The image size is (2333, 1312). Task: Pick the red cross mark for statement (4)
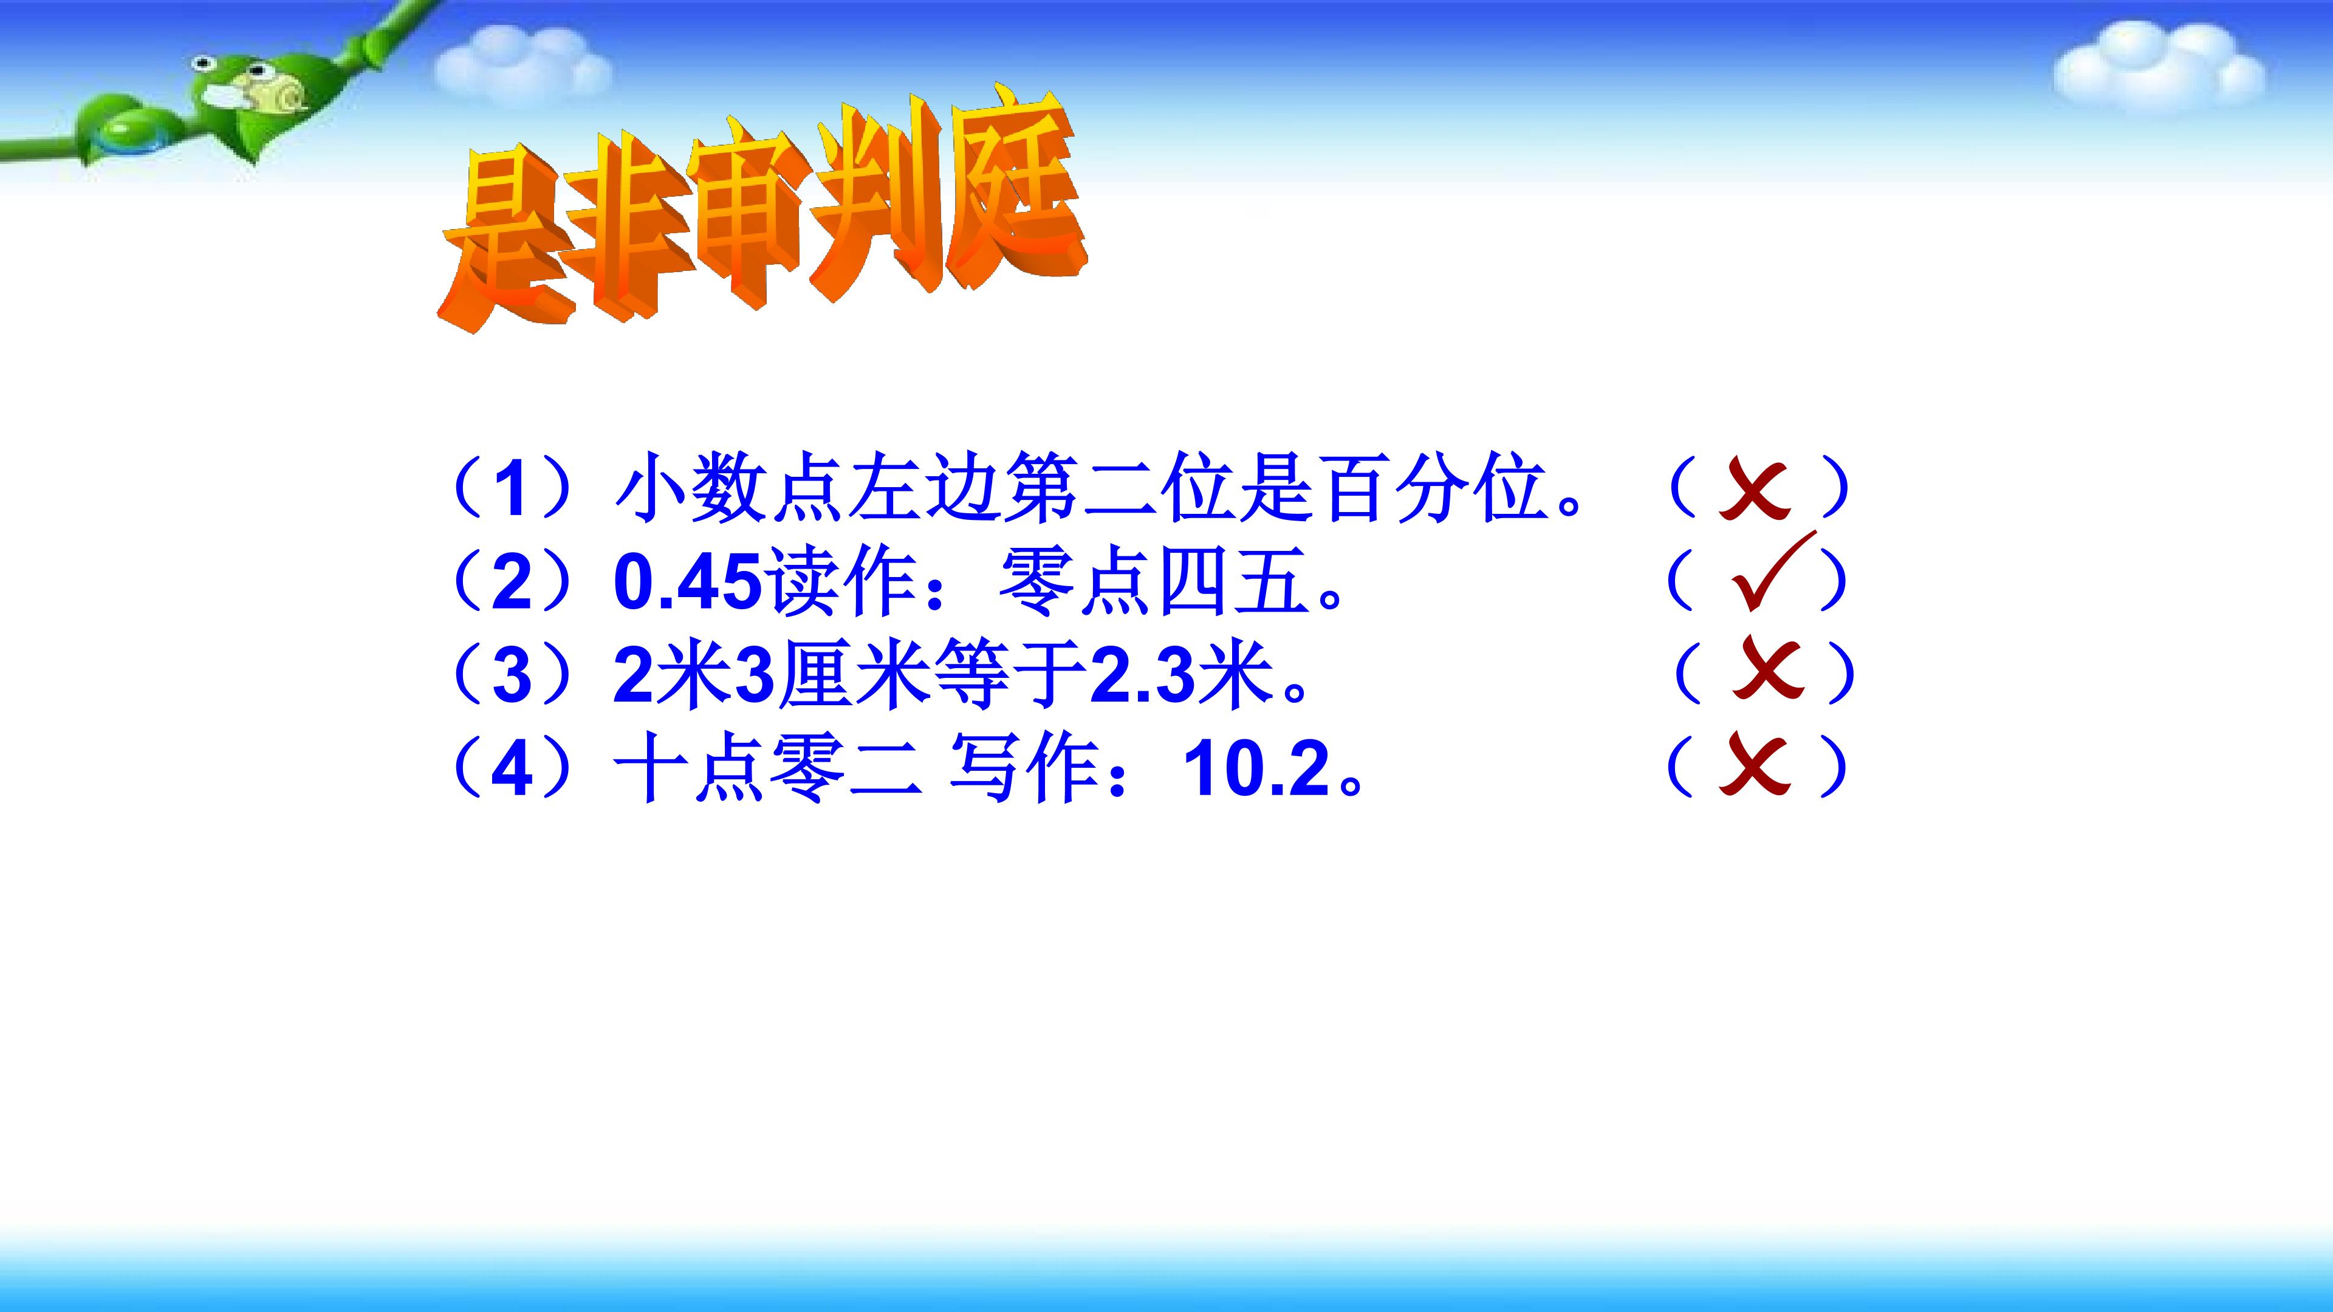pyautogui.click(x=1755, y=765)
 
